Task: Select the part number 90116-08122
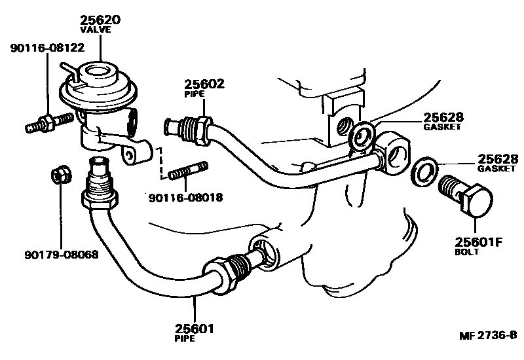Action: point(47,47)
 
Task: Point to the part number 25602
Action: point(204,83)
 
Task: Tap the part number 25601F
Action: point(479,242)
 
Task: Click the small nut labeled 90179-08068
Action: point(58,176)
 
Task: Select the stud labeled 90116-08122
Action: point(49,122)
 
